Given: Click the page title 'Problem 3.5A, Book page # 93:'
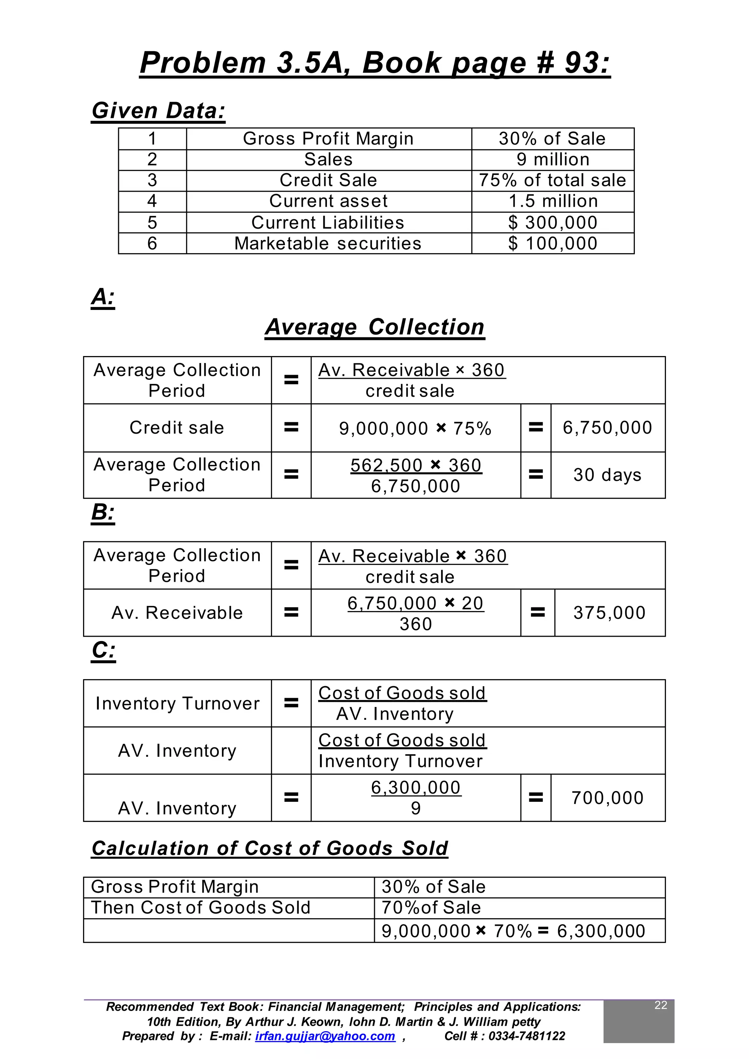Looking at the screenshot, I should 374,63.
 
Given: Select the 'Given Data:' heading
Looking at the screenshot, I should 159,111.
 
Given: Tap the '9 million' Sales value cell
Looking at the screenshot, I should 553,160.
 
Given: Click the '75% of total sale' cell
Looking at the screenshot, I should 553,180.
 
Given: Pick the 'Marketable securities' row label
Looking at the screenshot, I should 328,244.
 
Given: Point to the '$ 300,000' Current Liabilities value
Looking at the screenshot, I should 553,223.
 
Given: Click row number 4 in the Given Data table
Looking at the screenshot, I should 152,201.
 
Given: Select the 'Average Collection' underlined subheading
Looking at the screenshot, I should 374,327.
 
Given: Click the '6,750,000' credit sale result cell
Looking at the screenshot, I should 607,428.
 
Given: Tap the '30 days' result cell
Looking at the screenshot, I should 607,475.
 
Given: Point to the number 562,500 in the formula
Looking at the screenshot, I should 387,465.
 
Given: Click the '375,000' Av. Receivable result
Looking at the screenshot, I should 609,613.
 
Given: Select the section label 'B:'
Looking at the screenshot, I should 103,512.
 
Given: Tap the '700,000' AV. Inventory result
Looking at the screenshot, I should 607,798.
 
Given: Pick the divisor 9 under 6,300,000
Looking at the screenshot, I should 415,808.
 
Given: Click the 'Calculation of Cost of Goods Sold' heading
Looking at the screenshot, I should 270,849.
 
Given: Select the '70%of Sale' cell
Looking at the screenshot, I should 431,908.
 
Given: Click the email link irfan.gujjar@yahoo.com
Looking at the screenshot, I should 325,1036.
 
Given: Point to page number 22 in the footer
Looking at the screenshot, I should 660,1006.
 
